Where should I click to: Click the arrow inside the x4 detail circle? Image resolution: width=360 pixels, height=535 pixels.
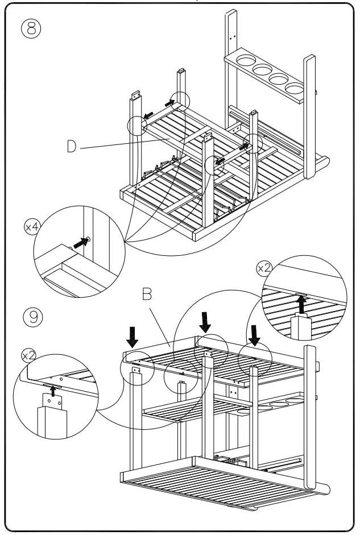tap(82, 243)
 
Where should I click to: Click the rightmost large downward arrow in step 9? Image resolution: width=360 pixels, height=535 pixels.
tap(255, 335)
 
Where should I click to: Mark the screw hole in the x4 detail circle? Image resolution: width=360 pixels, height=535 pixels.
tap(90, 239)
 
